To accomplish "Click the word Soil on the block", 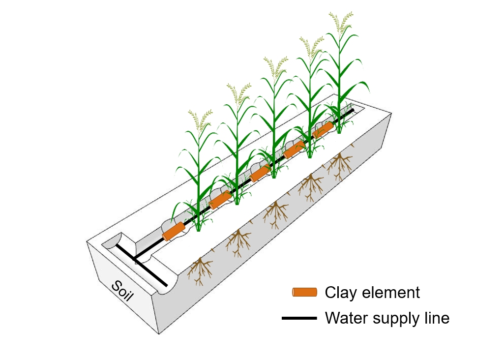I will [123, 294].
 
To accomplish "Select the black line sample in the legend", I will [299, 319].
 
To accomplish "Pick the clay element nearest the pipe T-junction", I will [174, 231].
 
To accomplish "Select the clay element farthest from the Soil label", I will [323, 130].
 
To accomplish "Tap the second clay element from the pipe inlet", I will [220, 200].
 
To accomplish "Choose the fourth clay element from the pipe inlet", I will [294, 150].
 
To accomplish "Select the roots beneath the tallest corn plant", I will [339, 165].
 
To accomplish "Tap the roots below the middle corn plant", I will [275, 212].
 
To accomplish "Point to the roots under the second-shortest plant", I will [239, 241].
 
